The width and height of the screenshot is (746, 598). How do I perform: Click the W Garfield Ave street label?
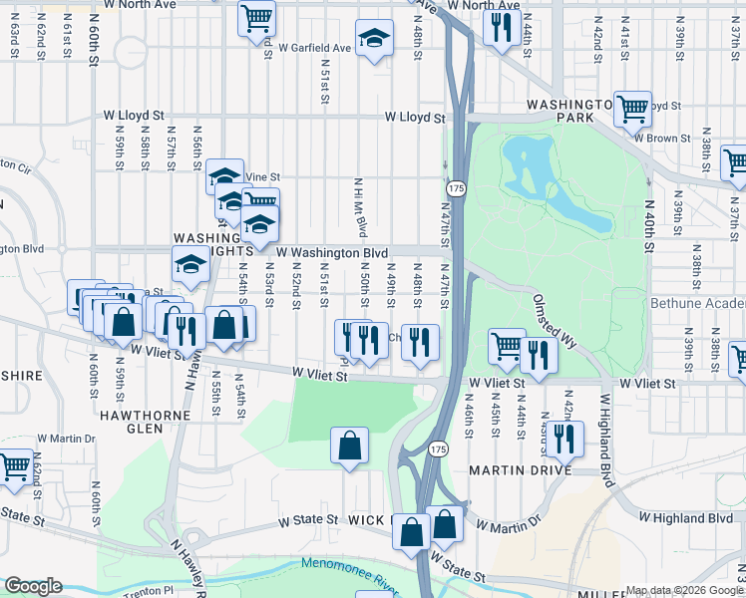(x=315, y=48)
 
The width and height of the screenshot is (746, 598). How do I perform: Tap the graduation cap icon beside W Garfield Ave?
(x=374, y=40)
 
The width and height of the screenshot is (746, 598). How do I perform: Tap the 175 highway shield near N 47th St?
(x=456, y=188)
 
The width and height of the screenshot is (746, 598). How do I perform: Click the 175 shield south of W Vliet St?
(x=439, y=449)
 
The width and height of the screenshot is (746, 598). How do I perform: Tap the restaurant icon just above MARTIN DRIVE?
(x=566, y=438)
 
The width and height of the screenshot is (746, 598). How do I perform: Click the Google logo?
(x=33, y=587)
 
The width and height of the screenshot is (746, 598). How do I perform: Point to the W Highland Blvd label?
(x=686, y=518)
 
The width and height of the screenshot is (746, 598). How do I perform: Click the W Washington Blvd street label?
(x=332, y=254)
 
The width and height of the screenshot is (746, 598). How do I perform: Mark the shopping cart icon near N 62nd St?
(x=15, y=466)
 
